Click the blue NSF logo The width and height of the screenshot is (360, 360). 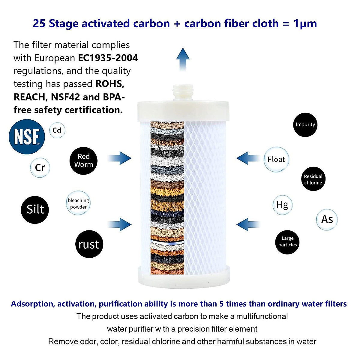(27, 136)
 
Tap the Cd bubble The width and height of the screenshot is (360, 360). (57, 130)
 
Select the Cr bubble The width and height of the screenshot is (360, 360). (40, 167)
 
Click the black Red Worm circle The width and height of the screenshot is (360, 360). (83, 160)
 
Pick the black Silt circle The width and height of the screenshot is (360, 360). (35, 209)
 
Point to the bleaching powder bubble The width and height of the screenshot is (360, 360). (78, 203)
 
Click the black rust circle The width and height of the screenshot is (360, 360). (89, 244)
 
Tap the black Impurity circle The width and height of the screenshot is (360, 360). (305, 124)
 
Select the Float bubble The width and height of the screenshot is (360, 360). (276, 159)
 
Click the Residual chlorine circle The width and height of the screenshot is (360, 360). (313, 179)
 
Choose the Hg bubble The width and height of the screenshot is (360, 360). (282, 205)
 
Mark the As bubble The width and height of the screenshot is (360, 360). (327, 219)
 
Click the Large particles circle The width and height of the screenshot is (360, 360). (287, 242)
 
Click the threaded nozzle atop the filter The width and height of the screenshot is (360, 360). (183, 92)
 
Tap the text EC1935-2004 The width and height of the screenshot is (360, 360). (108, 58)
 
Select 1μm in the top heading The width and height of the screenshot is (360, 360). (305, 23)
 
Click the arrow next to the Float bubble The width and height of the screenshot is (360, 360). (248, 158)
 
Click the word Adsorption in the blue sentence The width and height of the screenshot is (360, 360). (32, 304)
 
